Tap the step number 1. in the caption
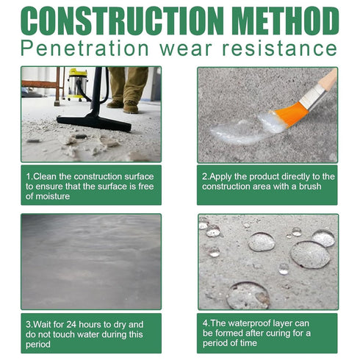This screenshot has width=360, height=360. (29, 176)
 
